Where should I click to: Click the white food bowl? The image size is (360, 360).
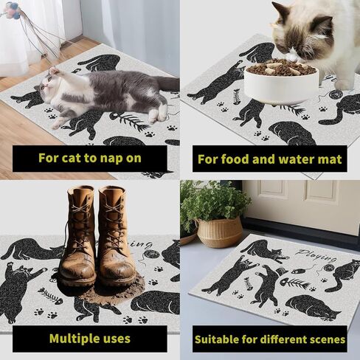pyautogui.click(x=281, y=84)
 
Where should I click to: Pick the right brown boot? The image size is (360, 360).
pyautogui.click(x=117, y=234)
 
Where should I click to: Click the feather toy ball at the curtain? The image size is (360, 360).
pyautogui.click(x=13, y=12)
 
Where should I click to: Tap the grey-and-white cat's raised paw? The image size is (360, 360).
pyautogui.click(x=54, y=71)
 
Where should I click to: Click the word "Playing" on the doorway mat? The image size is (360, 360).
pyautogui.click(x=316, y=255)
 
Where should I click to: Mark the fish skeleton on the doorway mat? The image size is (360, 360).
pyautogui.click(x=294, y=283)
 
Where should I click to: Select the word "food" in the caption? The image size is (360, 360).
pyautogui.click(x=235, y=159)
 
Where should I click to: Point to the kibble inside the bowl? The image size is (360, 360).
pyautogui.click(x=281, y=66)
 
